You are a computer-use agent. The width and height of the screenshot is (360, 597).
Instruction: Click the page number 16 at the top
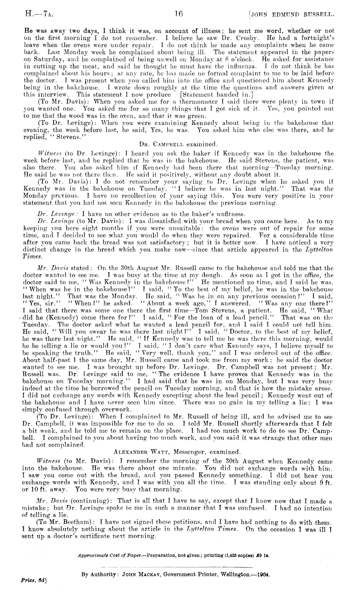pos(179,14)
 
